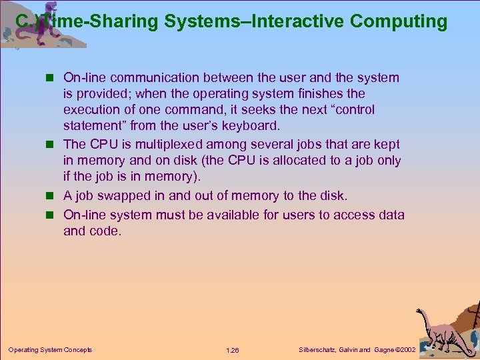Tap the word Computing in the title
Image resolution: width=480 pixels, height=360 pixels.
coord(399,21)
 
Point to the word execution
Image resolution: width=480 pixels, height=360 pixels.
coord(93,109)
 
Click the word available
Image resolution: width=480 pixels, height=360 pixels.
coord(226,214)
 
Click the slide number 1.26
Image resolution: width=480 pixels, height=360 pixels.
coord(233,350)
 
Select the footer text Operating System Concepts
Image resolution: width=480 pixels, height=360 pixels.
coord(50,350)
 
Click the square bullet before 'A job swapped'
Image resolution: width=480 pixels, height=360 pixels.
coord(53,196)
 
